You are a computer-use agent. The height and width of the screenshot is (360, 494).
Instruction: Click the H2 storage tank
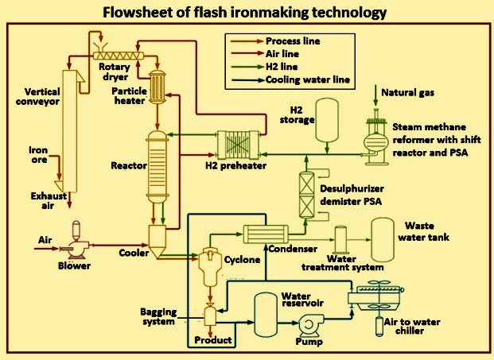coord(327,121)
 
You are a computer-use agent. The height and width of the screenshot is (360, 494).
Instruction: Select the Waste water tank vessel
coord(383,240)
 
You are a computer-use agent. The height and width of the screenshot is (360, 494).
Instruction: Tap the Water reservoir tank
coord(266,315)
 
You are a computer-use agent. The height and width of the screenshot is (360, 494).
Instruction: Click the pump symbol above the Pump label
coord(310,325)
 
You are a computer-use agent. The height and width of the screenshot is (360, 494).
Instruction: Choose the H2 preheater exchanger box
coord(238,145)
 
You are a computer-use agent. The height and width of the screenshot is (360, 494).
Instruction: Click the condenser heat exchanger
coord(266,234)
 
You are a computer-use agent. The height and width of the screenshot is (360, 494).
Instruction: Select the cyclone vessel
coord(208,267)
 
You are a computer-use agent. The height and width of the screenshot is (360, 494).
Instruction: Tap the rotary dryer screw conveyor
coord(119,56)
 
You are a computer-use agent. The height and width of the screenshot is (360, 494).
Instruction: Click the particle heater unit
coord(158,87)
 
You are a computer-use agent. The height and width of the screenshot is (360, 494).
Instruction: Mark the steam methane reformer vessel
coord(376,137)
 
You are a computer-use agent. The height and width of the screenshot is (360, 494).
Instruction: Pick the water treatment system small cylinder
coord(340,240)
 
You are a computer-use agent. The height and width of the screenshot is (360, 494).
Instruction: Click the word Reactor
coord(129,166)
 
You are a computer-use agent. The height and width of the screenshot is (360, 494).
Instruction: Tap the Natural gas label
coord(407,92)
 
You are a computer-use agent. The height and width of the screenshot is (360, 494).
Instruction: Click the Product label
coord(213,340)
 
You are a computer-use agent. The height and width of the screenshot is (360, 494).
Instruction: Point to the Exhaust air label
coord(49,201)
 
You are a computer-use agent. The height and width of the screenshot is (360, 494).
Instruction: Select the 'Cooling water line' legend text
coord(308,79)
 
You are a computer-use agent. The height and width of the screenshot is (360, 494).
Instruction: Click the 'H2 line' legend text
coord(282,67)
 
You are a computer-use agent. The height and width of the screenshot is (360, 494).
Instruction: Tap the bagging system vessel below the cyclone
coord(210,315)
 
